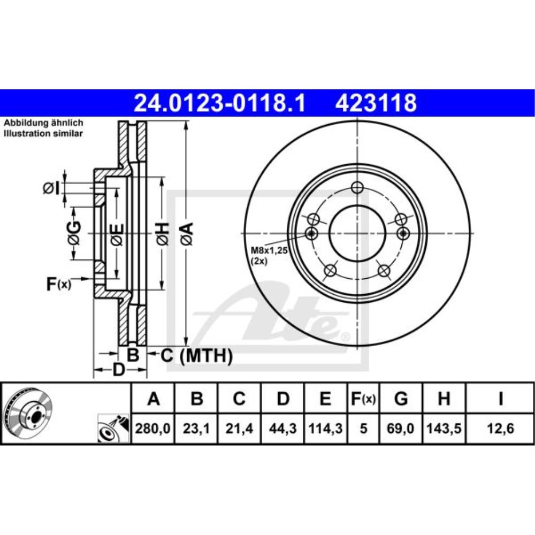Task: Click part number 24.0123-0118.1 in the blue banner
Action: (x=219, y=103)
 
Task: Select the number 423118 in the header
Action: (x=376, y=103)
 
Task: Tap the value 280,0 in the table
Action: (x=152, y=428)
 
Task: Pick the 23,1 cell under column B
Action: (x=196, y=428)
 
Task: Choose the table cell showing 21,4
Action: (x=239, y=428)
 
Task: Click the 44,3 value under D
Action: (x=283, y=428)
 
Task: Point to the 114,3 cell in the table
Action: (x=325, y=428)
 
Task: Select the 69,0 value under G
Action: (x=401, y=428)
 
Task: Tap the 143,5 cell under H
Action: (x=444, y=428)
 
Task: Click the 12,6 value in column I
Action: (x=500, y=428)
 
